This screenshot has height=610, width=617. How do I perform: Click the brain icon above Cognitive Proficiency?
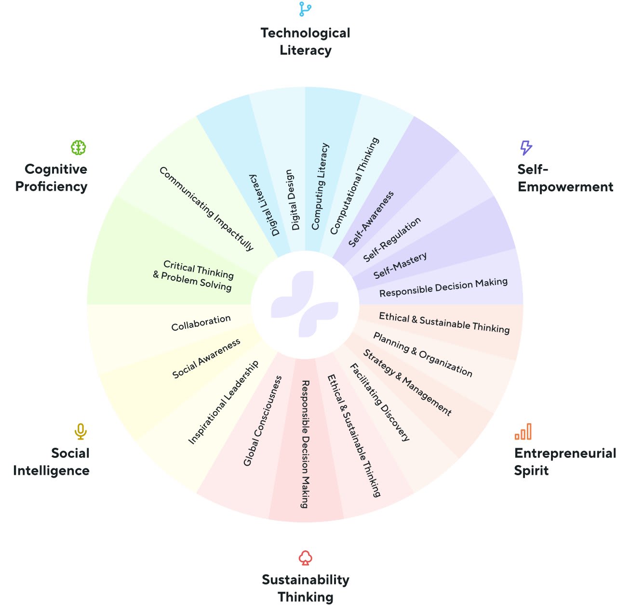click(79, 147)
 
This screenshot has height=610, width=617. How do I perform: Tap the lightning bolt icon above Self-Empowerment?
click(526, 147)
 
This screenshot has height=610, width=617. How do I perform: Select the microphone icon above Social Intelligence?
click(80, 431)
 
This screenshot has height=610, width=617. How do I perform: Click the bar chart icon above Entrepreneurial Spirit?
click(523, 431)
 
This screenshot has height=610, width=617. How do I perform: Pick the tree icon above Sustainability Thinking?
click(305, 558)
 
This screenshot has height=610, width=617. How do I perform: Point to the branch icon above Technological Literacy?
click(305, 9)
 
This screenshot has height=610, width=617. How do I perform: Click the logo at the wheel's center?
click(305, 304)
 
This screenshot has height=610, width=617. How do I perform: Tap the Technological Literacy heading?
click(305, 41)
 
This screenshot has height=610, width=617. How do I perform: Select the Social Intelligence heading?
click(51, 462)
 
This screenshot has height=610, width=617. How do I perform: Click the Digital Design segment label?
click(292, 200)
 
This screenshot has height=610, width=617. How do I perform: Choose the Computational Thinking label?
click(354, 186)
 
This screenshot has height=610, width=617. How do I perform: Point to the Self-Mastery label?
click(400, 265)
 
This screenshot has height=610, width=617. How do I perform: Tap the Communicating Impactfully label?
click(206, 208)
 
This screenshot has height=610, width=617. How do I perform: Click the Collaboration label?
click(201, 323)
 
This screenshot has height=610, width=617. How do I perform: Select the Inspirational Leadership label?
click(223, 402)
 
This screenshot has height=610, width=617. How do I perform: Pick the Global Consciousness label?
click(263, 421)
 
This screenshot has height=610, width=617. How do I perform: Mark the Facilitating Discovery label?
click(380, 402)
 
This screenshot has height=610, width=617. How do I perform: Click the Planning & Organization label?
click(423, 354)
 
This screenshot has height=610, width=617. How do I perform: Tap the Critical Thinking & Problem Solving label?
click(193, 275)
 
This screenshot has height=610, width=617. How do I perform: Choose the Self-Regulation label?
click(392, 239)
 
